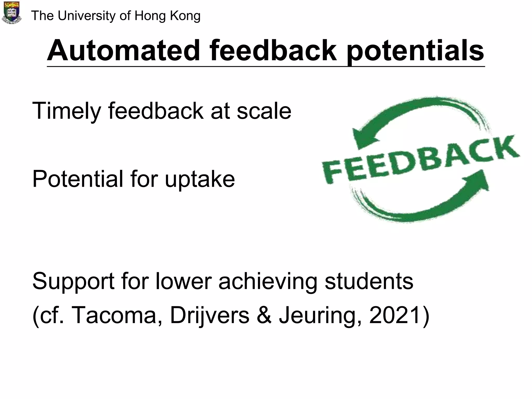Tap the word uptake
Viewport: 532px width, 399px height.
[200, 179]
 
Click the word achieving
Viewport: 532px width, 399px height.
[268, 282]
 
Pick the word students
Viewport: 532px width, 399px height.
[369, 281]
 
